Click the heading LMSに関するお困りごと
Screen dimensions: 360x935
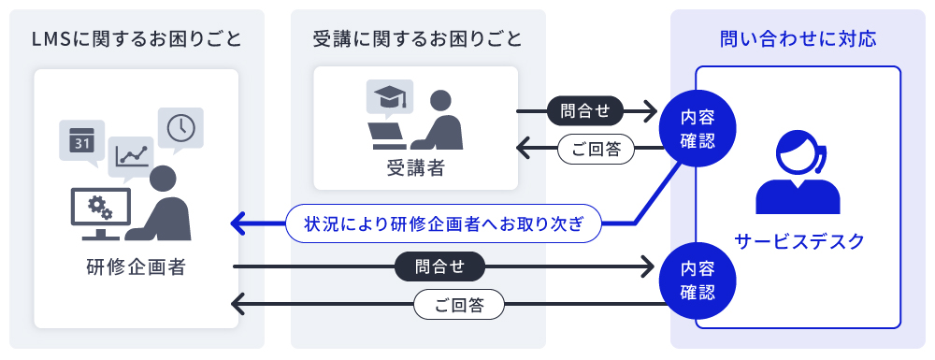click(137, 38)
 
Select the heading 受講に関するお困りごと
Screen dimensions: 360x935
click(417, 38)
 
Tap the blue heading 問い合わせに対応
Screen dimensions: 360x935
click(798, 38)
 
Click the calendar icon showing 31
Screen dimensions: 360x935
click(81, 141)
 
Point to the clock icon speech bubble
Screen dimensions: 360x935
click(180, 128)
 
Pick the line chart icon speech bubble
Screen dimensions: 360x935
click(132, 155)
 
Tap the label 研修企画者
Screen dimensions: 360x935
click(136, 268)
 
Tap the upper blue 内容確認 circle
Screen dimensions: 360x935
click(697, 130)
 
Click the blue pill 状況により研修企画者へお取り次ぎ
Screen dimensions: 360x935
click(443, 223)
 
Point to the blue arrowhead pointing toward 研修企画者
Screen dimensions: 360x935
click(239, 223)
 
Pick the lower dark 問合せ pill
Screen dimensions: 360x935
click(439, 267)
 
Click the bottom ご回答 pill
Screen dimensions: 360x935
click(458, 305)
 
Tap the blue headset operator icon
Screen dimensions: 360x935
click(797, 171)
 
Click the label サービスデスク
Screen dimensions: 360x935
click(798, 241)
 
